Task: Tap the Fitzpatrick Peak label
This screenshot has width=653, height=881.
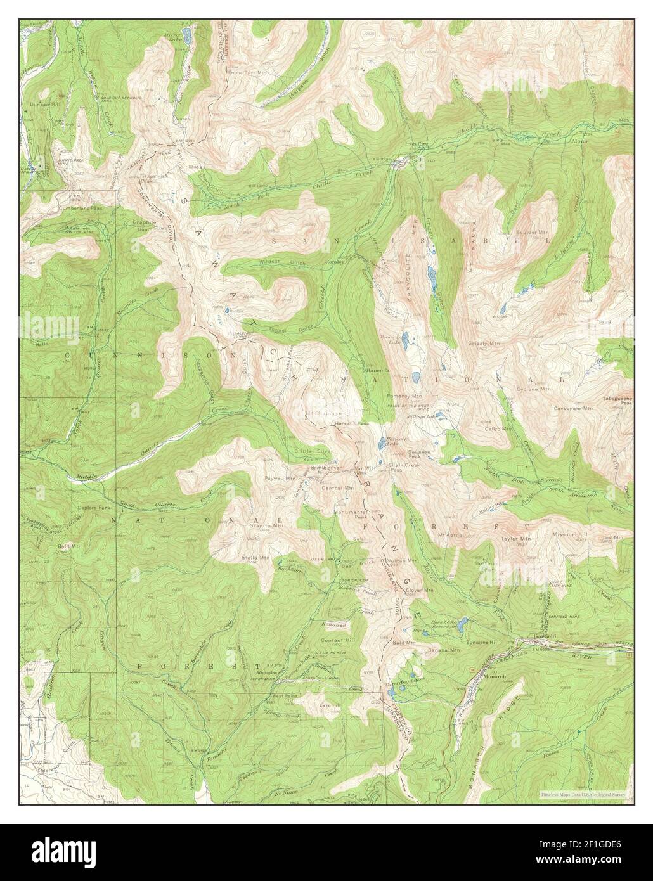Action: [x=154, y=179]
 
